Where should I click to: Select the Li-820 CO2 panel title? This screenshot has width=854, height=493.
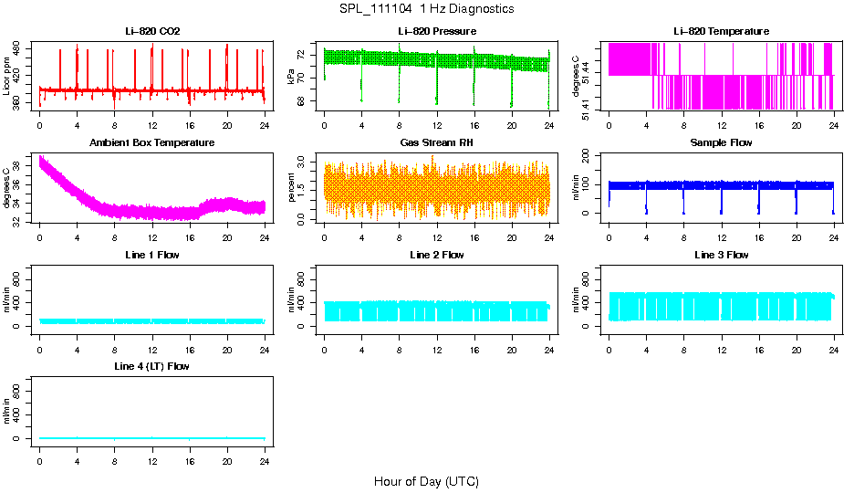point(152,31)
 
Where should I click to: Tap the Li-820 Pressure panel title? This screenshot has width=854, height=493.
point(436,31)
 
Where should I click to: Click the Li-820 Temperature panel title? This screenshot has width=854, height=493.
point(721,31)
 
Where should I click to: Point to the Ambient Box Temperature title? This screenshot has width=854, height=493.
point(152,143)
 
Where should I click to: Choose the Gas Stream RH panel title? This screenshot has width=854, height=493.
point(436,143)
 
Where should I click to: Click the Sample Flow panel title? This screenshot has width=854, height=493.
point(721,143)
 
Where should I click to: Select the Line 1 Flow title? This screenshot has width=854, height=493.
point(152,255)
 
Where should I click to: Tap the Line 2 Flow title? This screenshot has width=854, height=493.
point(436,255)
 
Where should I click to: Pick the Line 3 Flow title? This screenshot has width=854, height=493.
point(721,255)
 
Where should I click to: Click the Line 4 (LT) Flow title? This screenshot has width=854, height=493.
point(152,366)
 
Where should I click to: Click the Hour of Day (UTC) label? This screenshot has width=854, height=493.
point(426,481)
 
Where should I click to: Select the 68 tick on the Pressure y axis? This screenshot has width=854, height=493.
point(305,102)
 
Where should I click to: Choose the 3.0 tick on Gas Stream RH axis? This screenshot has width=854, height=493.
point(305,161)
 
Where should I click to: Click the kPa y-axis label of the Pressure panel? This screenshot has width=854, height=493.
point(292,77)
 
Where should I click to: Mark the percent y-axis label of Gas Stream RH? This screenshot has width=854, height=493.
point(292,188)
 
